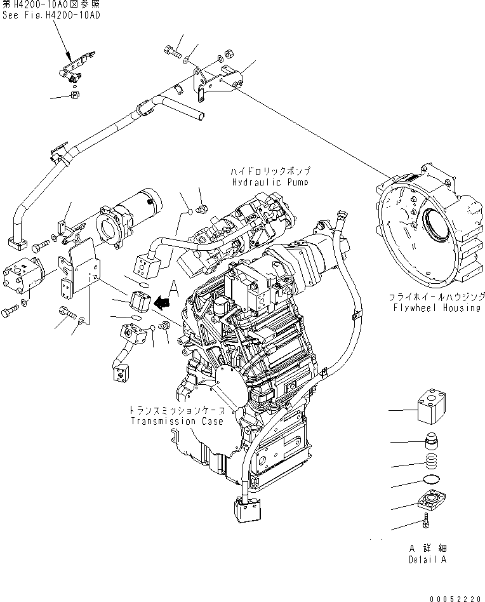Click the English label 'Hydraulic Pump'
pyautogui.click(x=270, y=183)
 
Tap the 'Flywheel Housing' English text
pyautogui.click(x=435, y=307)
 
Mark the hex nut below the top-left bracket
pyautogui.click(x=74, y=95)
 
